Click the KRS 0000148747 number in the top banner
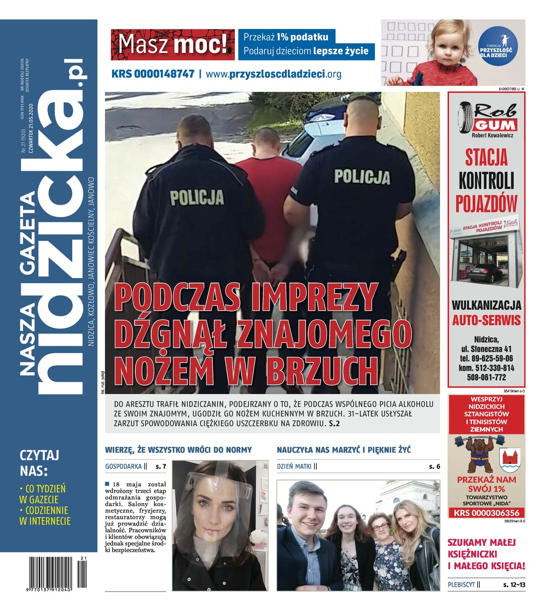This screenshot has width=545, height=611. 153,74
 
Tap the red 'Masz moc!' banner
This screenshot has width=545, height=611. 173,45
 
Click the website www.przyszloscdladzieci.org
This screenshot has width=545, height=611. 274,74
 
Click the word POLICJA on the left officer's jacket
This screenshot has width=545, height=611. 197,197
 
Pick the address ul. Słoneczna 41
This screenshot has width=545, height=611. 486,349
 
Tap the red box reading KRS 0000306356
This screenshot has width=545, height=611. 486,513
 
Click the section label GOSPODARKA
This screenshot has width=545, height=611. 123,466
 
